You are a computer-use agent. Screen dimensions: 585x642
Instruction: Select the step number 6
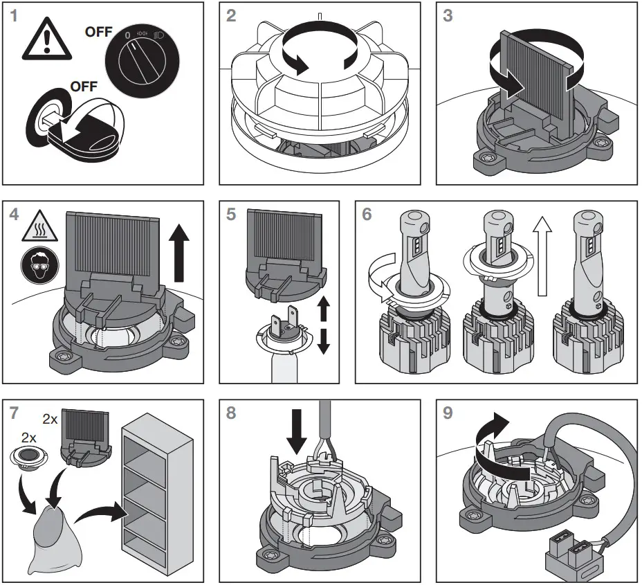367,214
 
